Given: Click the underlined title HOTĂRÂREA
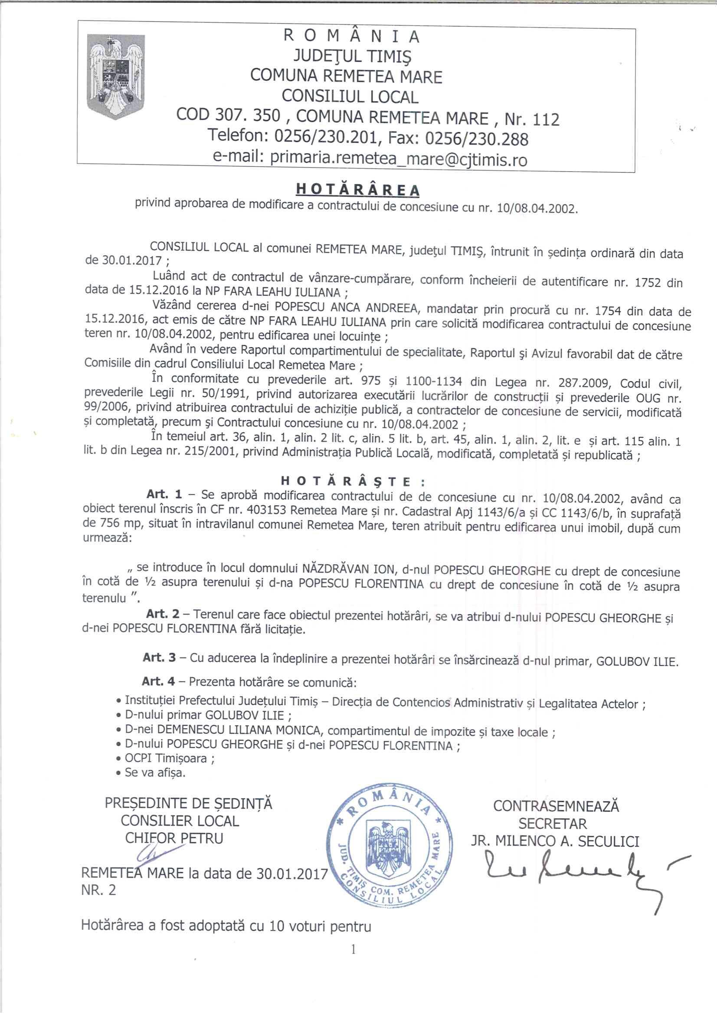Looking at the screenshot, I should click(357, 189).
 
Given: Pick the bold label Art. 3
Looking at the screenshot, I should click(160, 657).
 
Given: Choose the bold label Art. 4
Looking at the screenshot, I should click(159, 681).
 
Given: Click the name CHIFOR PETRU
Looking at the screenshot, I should click(174, 838).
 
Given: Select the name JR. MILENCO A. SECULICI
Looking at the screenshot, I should click(555, 842).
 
